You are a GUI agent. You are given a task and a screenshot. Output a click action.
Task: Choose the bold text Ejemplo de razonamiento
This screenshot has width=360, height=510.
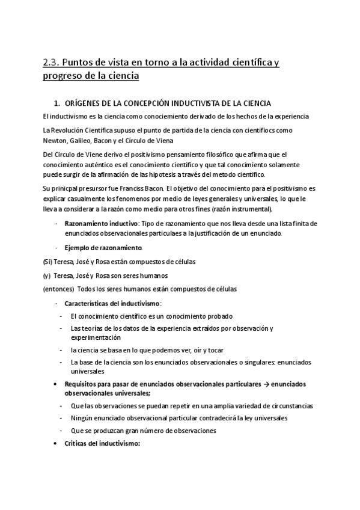103,248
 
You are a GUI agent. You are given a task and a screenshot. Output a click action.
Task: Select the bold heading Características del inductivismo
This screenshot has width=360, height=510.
112,303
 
